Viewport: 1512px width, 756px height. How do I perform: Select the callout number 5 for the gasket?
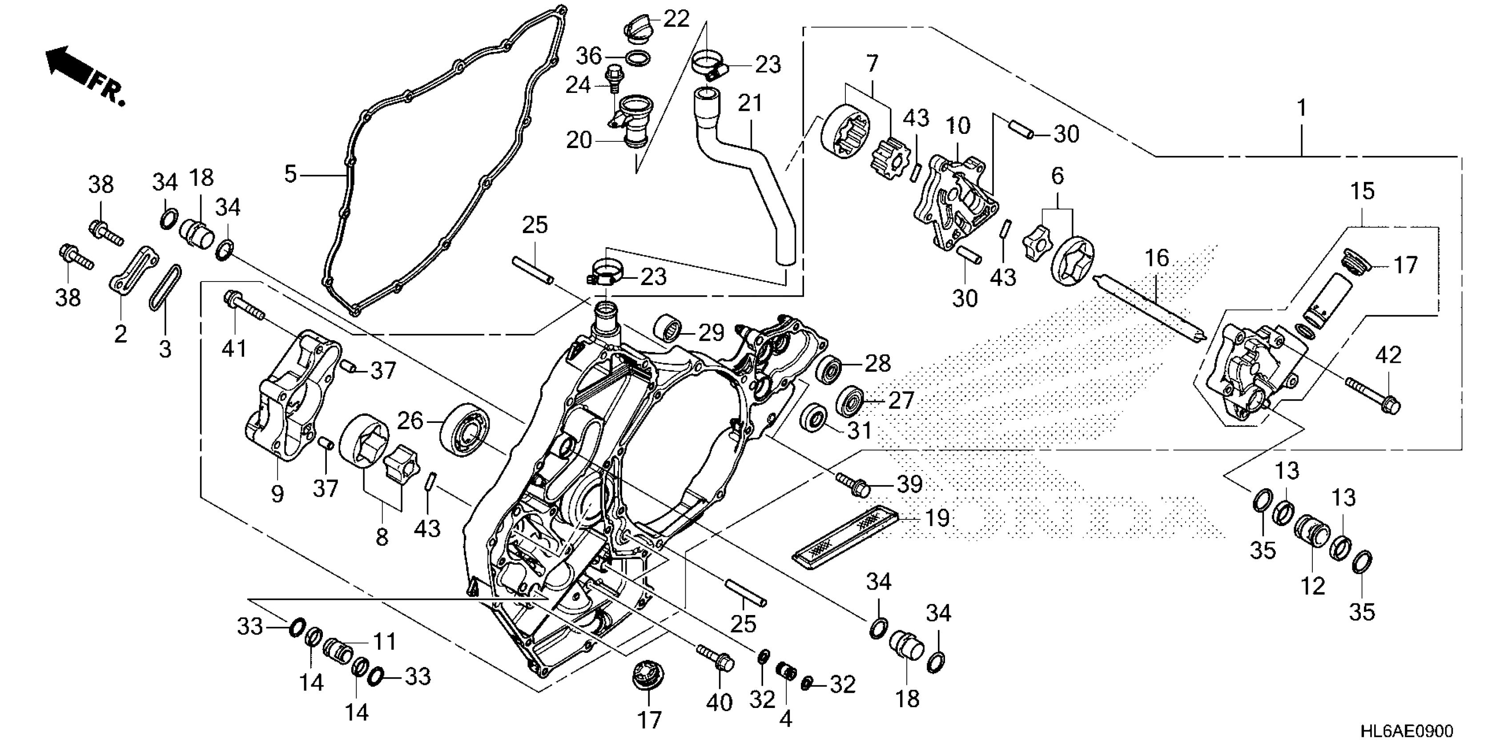tap(290, 174)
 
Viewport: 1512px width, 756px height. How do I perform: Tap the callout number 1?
tap(1301, 109)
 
